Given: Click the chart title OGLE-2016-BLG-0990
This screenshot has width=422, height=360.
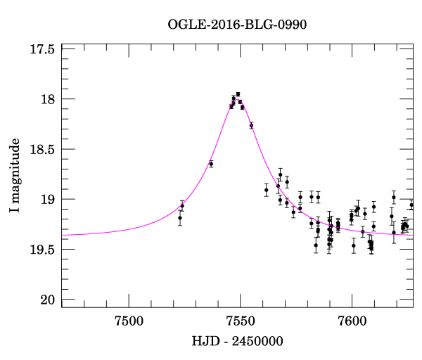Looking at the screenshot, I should point(237,25).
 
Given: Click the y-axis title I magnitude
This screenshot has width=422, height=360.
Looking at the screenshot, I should point(15,176).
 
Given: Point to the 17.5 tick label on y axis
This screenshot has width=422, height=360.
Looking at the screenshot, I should point(42,49).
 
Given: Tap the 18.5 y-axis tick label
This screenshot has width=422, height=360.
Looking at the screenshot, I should point(42,149).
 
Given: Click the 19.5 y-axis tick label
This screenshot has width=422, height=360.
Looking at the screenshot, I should point(42,250).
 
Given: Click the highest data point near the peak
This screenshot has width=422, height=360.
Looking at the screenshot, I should point(238,94).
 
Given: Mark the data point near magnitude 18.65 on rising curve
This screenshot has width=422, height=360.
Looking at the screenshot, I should point(211,164).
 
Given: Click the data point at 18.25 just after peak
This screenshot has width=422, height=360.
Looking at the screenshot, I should point(251,125).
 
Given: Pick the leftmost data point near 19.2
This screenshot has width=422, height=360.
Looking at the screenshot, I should point(180,217).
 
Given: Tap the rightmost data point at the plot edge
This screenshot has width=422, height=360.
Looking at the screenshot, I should point(411,205).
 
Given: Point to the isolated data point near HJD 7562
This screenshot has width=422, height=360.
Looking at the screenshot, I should point(266,190).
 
